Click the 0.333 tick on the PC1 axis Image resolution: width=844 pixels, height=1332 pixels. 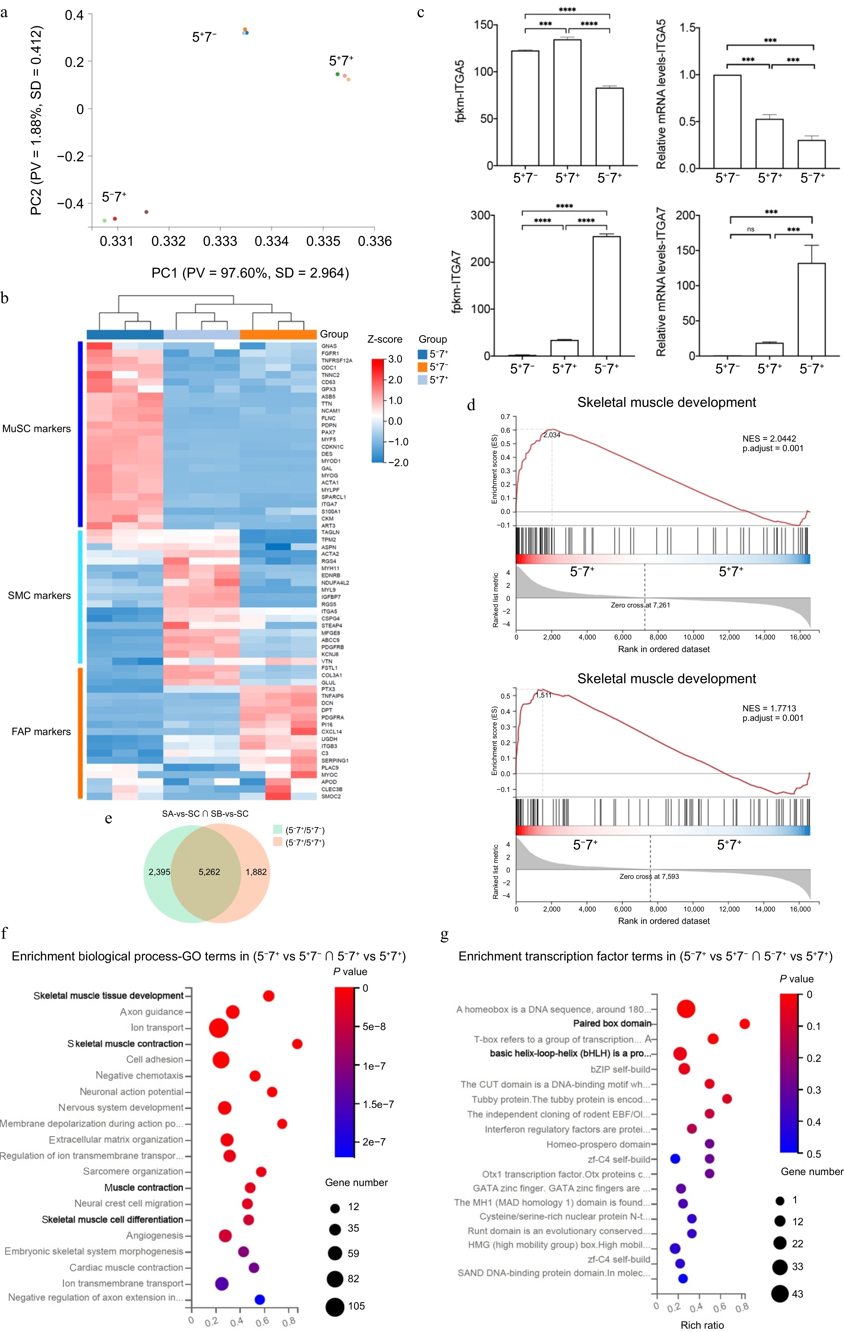click(x=220, y=241)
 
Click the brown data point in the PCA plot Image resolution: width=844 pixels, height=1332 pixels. click(x=146, y=212)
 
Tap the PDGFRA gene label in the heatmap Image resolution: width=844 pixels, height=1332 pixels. click(x=332, y=718)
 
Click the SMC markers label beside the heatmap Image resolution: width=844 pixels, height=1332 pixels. click(x=39, y=596)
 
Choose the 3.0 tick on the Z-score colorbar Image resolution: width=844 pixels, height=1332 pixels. click(x=395, y=359)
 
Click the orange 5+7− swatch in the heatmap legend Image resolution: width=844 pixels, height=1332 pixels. click(x=423, y=367)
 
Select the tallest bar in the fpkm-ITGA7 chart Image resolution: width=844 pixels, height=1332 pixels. click(x=606, y=296)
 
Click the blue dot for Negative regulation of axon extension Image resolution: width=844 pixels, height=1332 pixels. click(x=259, y=1299)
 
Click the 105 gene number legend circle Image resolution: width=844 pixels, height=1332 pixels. click(x=335, y=1307)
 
